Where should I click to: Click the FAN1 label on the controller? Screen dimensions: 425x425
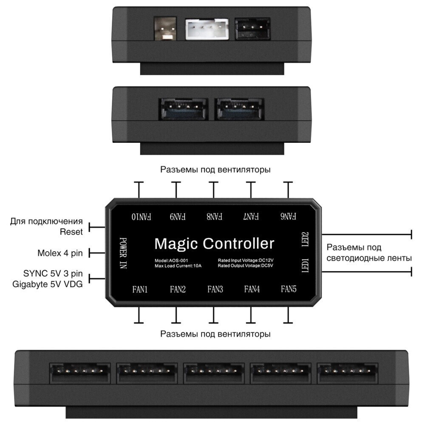pos(140,290)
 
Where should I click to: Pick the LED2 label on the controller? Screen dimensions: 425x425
pos(304,240)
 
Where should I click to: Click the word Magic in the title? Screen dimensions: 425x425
pos(176,244)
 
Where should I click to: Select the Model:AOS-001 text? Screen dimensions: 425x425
pos(171,260)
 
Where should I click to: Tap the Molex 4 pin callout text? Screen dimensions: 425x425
pos(60,254)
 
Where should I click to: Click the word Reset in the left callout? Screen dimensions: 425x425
pos(71,232)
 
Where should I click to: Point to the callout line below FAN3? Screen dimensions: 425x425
pos(214,315)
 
